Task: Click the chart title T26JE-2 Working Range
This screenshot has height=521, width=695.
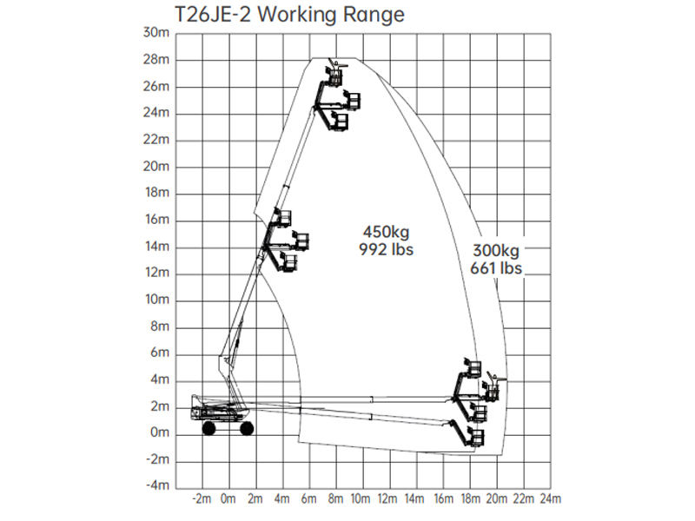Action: pos(289,14)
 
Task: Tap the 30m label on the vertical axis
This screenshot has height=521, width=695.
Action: pos(156,33)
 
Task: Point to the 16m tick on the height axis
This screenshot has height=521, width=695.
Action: pos(157,220)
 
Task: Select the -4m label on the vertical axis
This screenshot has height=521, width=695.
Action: pos(157,485)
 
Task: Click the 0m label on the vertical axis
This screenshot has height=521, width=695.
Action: pos(160,432)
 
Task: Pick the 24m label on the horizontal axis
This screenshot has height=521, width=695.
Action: pos(550,498)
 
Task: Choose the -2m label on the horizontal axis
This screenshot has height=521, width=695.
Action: pos(202,498)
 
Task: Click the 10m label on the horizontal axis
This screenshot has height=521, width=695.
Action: pos(361,498)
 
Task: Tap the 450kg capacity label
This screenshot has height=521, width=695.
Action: pos(386,232)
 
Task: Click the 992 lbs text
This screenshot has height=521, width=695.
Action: pos(386,249)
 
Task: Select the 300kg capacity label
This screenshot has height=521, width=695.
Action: pos(496,251)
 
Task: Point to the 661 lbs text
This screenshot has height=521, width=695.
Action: pos(496,268)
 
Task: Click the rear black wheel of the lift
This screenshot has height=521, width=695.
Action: pos(208,428)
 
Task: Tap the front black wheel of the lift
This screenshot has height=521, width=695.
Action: pos(247,428)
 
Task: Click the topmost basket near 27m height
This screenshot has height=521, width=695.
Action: pos(334,76)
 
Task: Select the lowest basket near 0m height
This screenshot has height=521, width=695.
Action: pos(477,437)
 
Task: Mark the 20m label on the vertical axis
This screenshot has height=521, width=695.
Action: pos(156,167)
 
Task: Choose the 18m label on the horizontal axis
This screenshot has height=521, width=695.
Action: pos(470,498)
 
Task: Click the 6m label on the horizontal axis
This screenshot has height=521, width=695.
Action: pos(308,498)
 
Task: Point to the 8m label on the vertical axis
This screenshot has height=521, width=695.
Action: pos(160,326)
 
